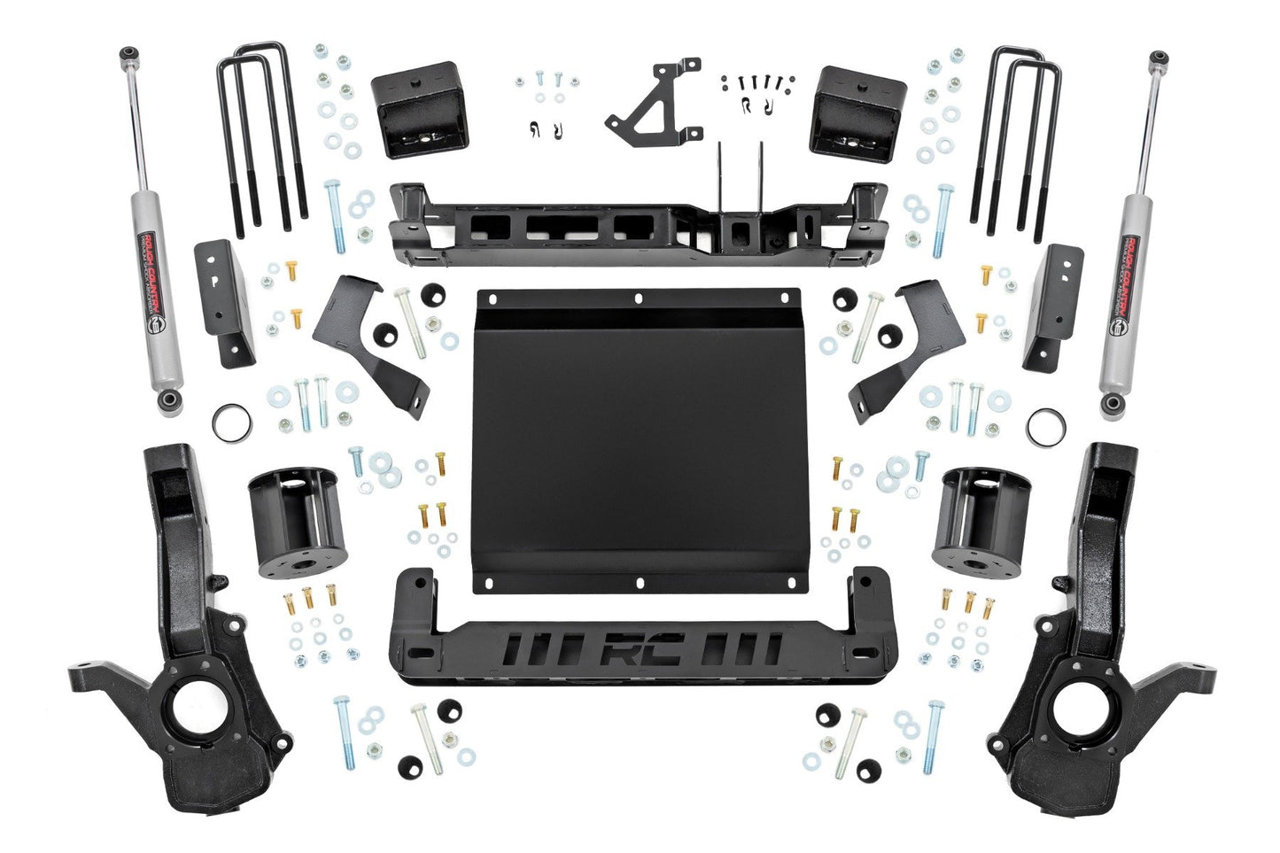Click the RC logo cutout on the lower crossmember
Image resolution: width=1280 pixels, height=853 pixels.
pos(636,650)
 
